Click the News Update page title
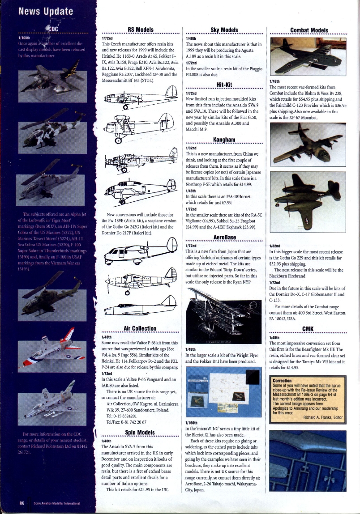45,11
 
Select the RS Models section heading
141,30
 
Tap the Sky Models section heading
223,30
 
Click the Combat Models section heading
309,30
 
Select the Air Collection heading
140,328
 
